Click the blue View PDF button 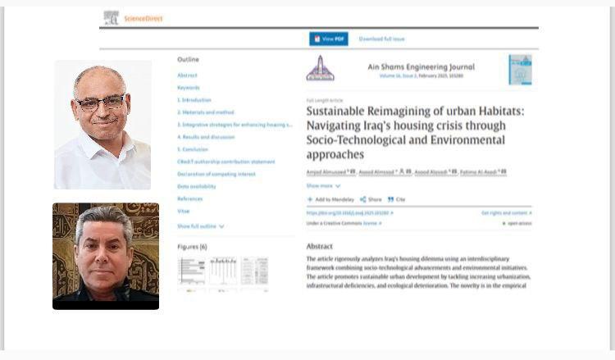click(x=329, y=39)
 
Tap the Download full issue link click(x=381, y=39)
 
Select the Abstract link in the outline click(x=187, y=75)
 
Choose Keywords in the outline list click(x=189, y=87)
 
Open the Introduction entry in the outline click(x=194, y=99)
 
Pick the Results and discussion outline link click(x=205, y=137)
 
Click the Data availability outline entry click(x=195, y=186)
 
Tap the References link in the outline click(x=189, y=198)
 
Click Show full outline click(x=200, y=226)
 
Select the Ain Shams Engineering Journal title click(x=421, y=66)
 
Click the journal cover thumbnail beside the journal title click(x=519, y=69)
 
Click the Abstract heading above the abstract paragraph click(x=319, y=246)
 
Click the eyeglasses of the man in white click(x=100, y=103)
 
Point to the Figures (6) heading click(x=192, y=246)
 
